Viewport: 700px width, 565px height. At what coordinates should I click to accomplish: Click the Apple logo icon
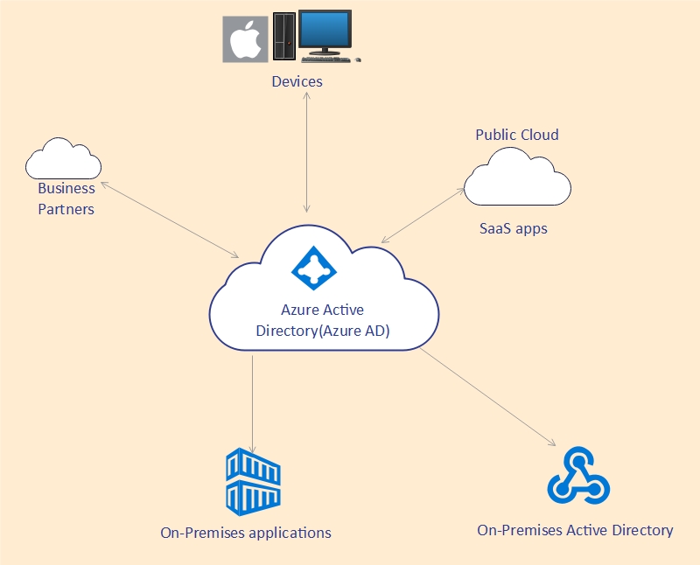pos(245,39)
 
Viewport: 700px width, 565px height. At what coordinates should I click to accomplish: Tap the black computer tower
pos(284,36)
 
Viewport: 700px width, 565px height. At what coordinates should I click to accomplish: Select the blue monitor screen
pos(325,29)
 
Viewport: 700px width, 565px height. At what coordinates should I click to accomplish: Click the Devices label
pos(297,81)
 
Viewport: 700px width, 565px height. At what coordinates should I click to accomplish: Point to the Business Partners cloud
pos(63,159)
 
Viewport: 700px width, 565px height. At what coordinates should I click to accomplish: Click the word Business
pos(66,188)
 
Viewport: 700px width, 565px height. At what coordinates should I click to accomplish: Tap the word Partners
pos(66,209)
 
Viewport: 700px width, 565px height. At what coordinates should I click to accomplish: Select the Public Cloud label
pos(517,135)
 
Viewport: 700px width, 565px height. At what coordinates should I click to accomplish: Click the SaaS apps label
pos(514,228)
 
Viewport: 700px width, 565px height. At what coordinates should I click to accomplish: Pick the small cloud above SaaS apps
pos(517,177)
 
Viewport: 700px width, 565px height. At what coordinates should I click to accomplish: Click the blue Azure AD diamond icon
pos(314,268)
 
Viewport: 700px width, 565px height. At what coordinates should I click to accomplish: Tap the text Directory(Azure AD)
pos(323,331)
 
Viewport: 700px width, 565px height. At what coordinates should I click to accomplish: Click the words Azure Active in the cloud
pos(322,310)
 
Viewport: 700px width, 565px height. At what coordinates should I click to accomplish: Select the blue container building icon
pos(253,482)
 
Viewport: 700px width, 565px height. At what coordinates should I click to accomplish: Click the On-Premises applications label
pos(246,533)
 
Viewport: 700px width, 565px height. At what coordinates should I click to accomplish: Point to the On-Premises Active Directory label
pos(575,530)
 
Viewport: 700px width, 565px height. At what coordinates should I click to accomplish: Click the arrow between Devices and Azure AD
pos(307,152)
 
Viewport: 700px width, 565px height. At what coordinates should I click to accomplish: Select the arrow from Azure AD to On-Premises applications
pos(252,404)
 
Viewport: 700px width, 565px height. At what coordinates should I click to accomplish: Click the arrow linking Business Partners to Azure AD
pos(170,220)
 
